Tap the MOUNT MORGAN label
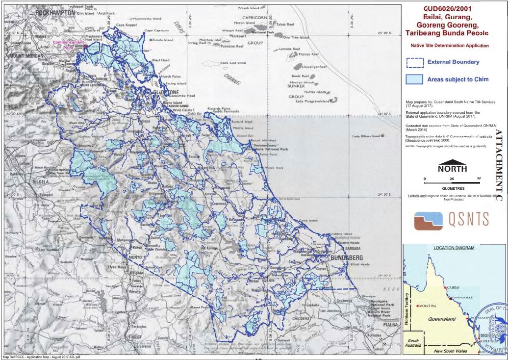tap(24, 56)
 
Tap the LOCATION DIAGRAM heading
tap(454, 248)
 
